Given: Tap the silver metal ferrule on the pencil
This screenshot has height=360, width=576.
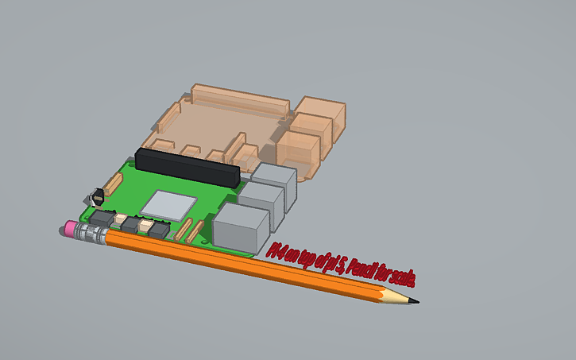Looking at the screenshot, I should [92, 234].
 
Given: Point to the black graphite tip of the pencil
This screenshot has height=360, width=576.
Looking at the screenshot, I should [414, 301].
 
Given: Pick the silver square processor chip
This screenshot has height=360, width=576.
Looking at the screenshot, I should [168, 204].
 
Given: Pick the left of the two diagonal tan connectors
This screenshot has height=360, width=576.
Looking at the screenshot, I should [182, 230].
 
